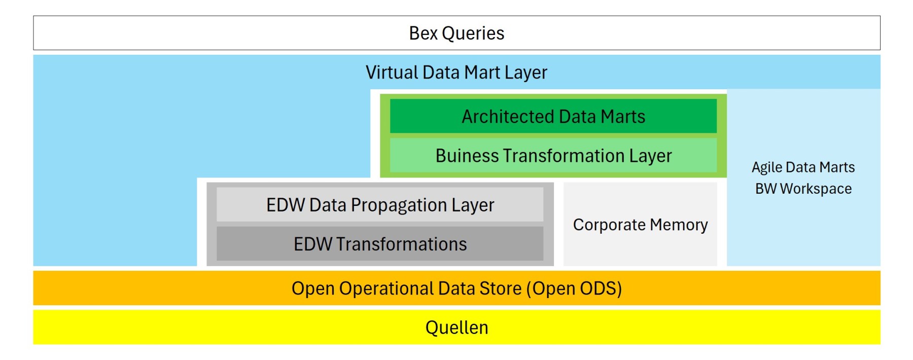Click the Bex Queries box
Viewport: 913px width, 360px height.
click(x=456, y=33)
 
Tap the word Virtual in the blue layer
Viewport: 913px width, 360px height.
click(x=392, y=73)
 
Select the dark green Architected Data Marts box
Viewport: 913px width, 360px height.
click(x=553, y=116)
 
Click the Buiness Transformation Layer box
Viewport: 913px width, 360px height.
click(x=553, y=155)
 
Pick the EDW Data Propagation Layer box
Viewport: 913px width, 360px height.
click(x=380, y=205)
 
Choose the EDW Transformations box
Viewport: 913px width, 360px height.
click(x=380, y=244)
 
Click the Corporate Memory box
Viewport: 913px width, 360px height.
click(x=640, y=224)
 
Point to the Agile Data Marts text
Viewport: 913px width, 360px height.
click(x=803, y=167)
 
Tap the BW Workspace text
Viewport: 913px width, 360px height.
click(x=803, y=189)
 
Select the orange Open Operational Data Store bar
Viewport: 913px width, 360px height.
click(x=456, y=288)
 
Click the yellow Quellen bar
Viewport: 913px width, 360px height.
click(x=456, y=327)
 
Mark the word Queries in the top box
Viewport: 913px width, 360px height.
click(x=473, y=33)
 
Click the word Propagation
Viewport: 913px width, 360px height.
click(x=399, y=205)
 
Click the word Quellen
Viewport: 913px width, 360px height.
click(x=456, y=328)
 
